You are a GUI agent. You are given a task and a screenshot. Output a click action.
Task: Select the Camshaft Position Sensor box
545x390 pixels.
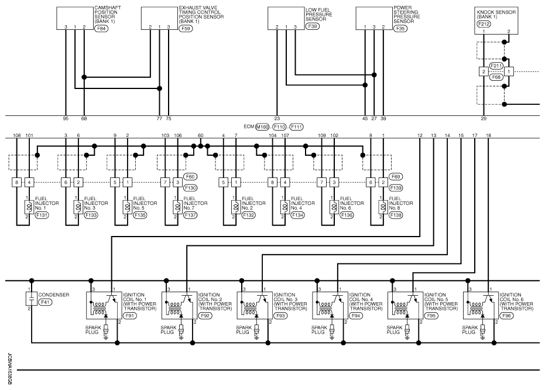pyautogui.click(x=75, y=18)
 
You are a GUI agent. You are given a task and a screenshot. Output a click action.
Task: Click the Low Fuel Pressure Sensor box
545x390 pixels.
pyautogui.click(x=286, y=18)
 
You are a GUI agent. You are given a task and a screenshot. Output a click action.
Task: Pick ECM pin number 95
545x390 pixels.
pyautogui.click(x=66, y=119)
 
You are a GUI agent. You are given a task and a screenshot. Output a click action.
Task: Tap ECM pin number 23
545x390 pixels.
pyautogui.click(x=277, y=119)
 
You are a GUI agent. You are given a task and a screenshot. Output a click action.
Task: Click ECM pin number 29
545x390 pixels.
pyautogui.click(x=484, y=119)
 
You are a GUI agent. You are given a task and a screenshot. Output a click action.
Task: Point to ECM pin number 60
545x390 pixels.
pyautogui.click(x=201, y=136)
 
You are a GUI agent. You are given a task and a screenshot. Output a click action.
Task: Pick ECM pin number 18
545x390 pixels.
pyautogui.click(x=489, y=136)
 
